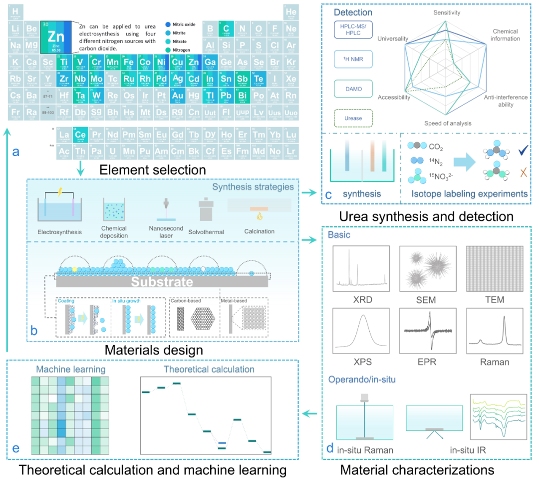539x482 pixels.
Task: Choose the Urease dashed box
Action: click(x=353, y=118)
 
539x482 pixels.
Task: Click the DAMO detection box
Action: click(x=353, y=89)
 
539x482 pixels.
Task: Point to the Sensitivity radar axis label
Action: click(x=447, y=12)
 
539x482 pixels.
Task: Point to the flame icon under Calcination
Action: click(x=260, y=217)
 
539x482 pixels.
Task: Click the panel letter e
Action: click(x=15, y=448)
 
